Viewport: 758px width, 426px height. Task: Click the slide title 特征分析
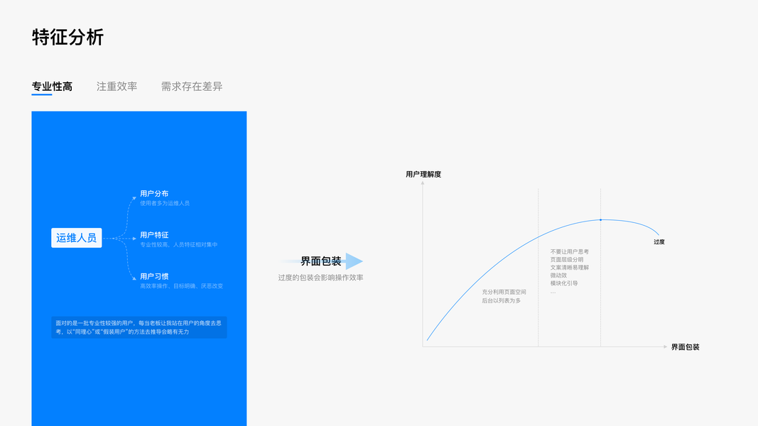(68, 37)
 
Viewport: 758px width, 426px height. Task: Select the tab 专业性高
(52, 87)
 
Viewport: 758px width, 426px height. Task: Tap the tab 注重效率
(117, 87)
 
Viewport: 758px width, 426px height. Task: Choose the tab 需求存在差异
(192, 87)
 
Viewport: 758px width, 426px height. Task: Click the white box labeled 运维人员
(77, 238)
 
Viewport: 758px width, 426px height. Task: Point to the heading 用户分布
(154, 194)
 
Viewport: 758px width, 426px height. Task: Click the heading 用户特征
(154, 235)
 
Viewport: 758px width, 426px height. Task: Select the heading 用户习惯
(154, 276)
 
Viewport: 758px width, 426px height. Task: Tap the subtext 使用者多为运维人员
(165, 204)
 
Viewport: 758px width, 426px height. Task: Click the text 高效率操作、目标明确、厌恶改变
(182, 286)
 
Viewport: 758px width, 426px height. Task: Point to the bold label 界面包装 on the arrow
(321, 261)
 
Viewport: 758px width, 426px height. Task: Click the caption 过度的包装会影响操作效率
(320, 278)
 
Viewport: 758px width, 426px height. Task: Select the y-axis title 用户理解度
(423, 174)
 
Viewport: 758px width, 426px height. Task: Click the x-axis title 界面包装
(685, 347)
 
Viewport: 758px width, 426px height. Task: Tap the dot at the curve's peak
(600, 220)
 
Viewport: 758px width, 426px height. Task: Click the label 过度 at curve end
(659, 242)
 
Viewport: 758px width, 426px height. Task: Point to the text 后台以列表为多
(502, 301)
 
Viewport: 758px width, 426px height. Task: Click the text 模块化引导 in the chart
(564, 283)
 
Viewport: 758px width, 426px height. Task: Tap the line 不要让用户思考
(570, 252)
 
